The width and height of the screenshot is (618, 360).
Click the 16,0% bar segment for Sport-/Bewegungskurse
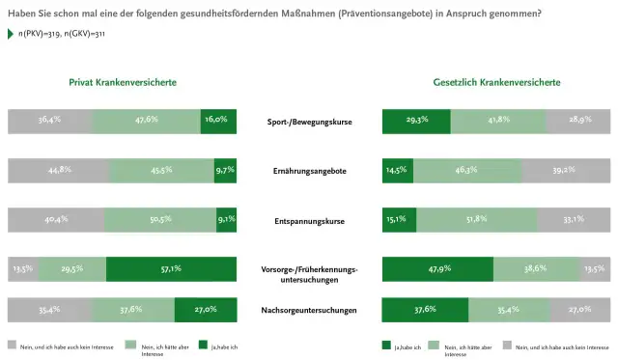(x=218, y=122)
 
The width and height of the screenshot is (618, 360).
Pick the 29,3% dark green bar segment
(x=416, y=122)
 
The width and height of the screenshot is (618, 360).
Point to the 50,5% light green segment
(x=162, y=219)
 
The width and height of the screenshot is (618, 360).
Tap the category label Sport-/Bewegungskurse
(x=309, y=123)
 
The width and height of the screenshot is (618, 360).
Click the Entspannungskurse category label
(x=309, y=220)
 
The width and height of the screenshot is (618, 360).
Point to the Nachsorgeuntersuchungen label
(x=309, y=310)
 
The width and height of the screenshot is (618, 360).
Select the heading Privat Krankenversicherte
(x=122, y=83)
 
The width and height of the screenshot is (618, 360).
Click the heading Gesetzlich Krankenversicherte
(x=497, y=83)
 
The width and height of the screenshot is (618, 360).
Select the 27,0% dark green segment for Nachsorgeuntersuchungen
(x=206, y=310)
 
